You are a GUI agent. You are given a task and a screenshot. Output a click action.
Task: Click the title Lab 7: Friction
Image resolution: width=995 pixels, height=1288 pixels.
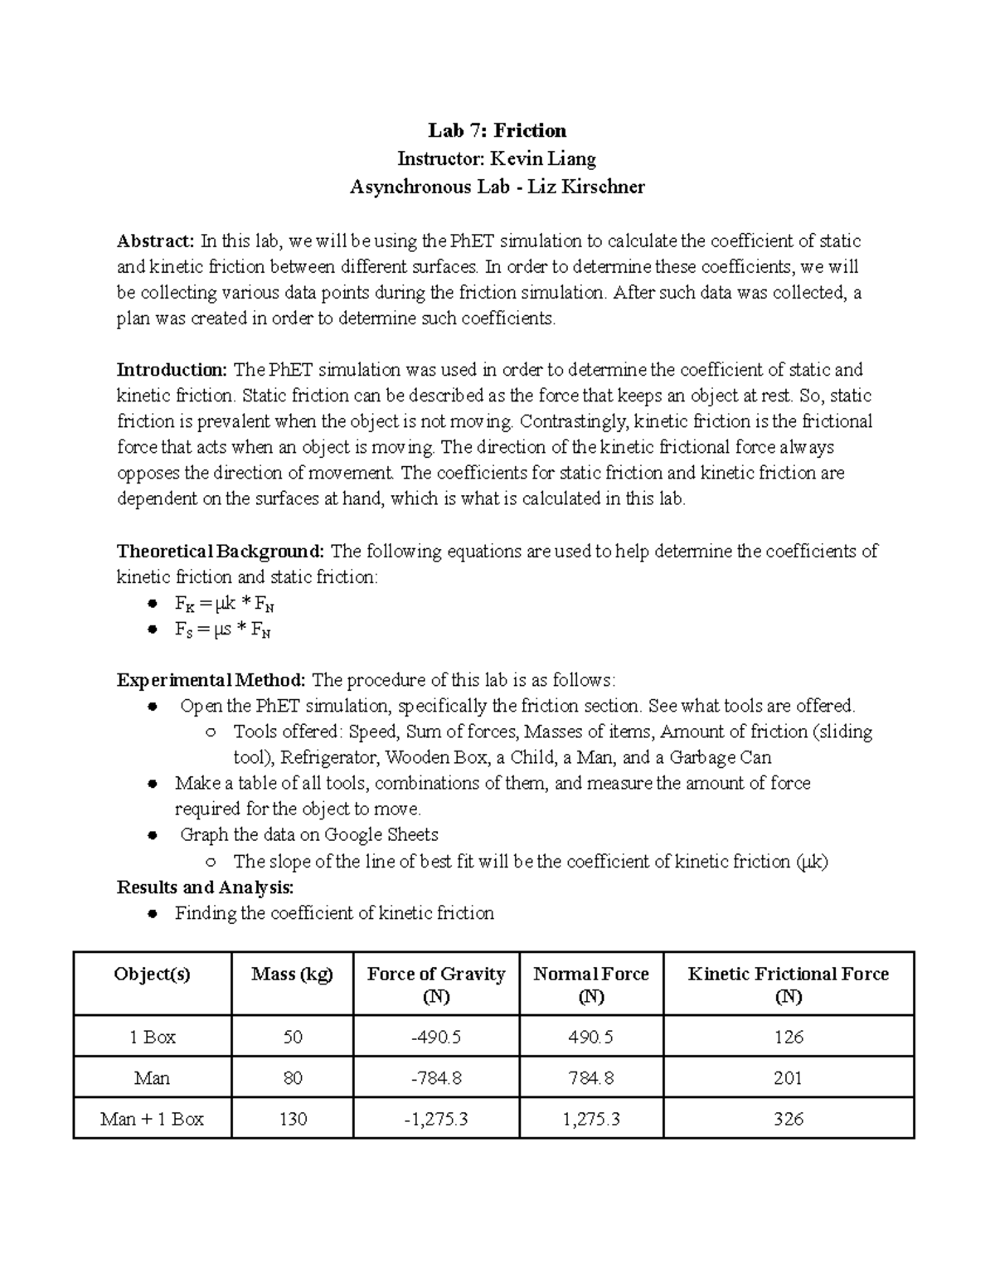click(497, 130)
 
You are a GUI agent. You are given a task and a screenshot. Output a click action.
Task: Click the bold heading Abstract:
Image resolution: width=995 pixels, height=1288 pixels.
click(155, 241)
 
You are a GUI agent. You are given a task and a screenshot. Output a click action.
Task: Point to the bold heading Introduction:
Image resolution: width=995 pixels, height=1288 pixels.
click(172, 370)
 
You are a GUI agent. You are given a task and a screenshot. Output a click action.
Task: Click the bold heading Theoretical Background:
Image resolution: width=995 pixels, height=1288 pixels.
click(221, 552)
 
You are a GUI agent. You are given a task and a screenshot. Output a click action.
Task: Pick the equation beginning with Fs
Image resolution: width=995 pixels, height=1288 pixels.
click(223, 629)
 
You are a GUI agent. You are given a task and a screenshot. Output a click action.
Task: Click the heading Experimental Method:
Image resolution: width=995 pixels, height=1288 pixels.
click(211, 681)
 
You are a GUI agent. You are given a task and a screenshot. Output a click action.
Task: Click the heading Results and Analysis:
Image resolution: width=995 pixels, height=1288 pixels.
click(205, 887)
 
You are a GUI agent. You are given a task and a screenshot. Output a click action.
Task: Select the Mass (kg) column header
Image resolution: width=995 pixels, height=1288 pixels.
click(292, 975)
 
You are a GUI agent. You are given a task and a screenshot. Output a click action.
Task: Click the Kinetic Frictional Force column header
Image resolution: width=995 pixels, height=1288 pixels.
click(788, 984)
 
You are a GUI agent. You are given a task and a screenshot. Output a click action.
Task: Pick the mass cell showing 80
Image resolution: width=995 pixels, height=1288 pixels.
click(292, 1078)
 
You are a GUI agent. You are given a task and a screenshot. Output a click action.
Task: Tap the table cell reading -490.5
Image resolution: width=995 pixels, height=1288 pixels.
click(436, 1038)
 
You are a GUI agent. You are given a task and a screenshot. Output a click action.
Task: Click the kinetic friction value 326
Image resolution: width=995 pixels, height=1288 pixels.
click(788, 1119)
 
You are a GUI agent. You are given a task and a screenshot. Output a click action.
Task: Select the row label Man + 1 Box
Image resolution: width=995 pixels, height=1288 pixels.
click(152, 1119)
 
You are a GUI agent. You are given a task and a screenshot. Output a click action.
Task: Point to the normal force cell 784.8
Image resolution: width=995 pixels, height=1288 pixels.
click(590, 1078)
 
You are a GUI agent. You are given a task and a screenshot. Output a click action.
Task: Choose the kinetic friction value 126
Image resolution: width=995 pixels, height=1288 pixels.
click(788, 1038)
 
